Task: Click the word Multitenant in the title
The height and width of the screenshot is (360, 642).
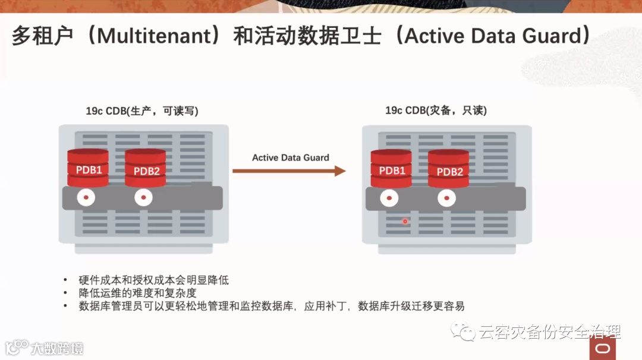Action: [154, 37]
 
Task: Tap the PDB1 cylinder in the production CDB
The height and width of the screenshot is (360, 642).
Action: [88, 168]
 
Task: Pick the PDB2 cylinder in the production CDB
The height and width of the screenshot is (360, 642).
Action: [146, 168]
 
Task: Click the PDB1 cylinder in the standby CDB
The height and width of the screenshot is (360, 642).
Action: [391, 169]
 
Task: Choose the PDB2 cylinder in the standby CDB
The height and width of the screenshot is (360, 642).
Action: [449, 169]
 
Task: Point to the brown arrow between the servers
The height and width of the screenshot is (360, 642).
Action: [289, 171]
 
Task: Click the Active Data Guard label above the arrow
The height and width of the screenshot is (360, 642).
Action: [290, 157]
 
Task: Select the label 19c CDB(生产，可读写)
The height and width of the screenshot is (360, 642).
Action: [142, 111]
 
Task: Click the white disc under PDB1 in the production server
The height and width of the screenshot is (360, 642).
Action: [86, 197]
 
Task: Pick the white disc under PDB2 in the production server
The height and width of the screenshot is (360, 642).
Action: [143, 197]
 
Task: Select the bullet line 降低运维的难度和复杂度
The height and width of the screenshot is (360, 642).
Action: [137, 293]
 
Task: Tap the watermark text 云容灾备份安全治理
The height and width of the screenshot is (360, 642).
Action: [549, 331]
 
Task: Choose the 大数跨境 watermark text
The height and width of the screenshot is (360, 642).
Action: [57, 348]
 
